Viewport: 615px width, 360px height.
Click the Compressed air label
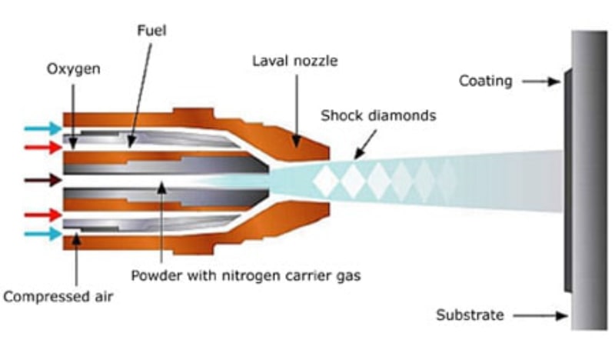pyautogui.click(x=58, y=295)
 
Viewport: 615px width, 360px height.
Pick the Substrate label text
pyautogui.click(x=470, y=315)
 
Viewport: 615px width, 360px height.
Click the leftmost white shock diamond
pyautogui.click(x=327, y=182)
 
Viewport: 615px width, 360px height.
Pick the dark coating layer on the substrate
pyautogui.click(x=567, y=182)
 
